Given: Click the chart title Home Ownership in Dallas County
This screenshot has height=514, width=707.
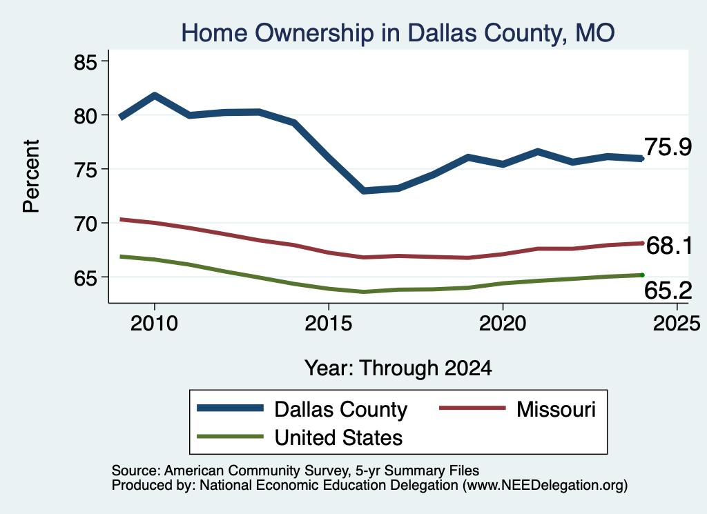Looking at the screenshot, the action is tap(398, 33).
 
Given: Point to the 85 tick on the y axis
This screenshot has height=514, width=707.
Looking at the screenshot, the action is tap(85, 62).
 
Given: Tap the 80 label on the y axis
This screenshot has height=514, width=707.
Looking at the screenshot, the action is tap(85, 116).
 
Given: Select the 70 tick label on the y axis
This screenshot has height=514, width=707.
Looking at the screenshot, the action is tap(85, 224).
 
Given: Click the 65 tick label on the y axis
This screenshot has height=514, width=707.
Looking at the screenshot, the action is tap(85, 278).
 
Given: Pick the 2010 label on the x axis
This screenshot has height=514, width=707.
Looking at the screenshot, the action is tap(154, 324).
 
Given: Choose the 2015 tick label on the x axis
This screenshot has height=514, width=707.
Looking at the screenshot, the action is tap(328, 324).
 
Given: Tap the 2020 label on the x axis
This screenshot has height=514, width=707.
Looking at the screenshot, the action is tap(503, 324).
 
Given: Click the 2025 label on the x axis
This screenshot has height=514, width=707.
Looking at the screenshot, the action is tap(677, 324).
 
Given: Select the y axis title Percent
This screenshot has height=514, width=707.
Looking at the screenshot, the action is tap(31, 176).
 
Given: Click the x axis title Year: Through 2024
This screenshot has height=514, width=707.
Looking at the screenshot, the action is tap(398, 368).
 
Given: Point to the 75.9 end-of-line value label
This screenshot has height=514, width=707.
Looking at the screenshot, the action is tap(668, 148).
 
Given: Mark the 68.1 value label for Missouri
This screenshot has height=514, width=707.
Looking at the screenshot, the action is tap(669, 246).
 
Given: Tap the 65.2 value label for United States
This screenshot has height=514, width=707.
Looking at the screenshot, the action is tap(668, 290).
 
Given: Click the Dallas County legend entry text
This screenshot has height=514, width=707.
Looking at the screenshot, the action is tap(341, 410).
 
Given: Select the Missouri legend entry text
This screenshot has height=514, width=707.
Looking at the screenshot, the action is tap(556, 409).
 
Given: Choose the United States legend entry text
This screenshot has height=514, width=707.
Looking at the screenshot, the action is tap(338, 437).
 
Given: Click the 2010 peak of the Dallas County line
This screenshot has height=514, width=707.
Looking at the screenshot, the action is tap(155, 95).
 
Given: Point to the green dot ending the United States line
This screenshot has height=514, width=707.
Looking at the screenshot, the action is tap(641, 275).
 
